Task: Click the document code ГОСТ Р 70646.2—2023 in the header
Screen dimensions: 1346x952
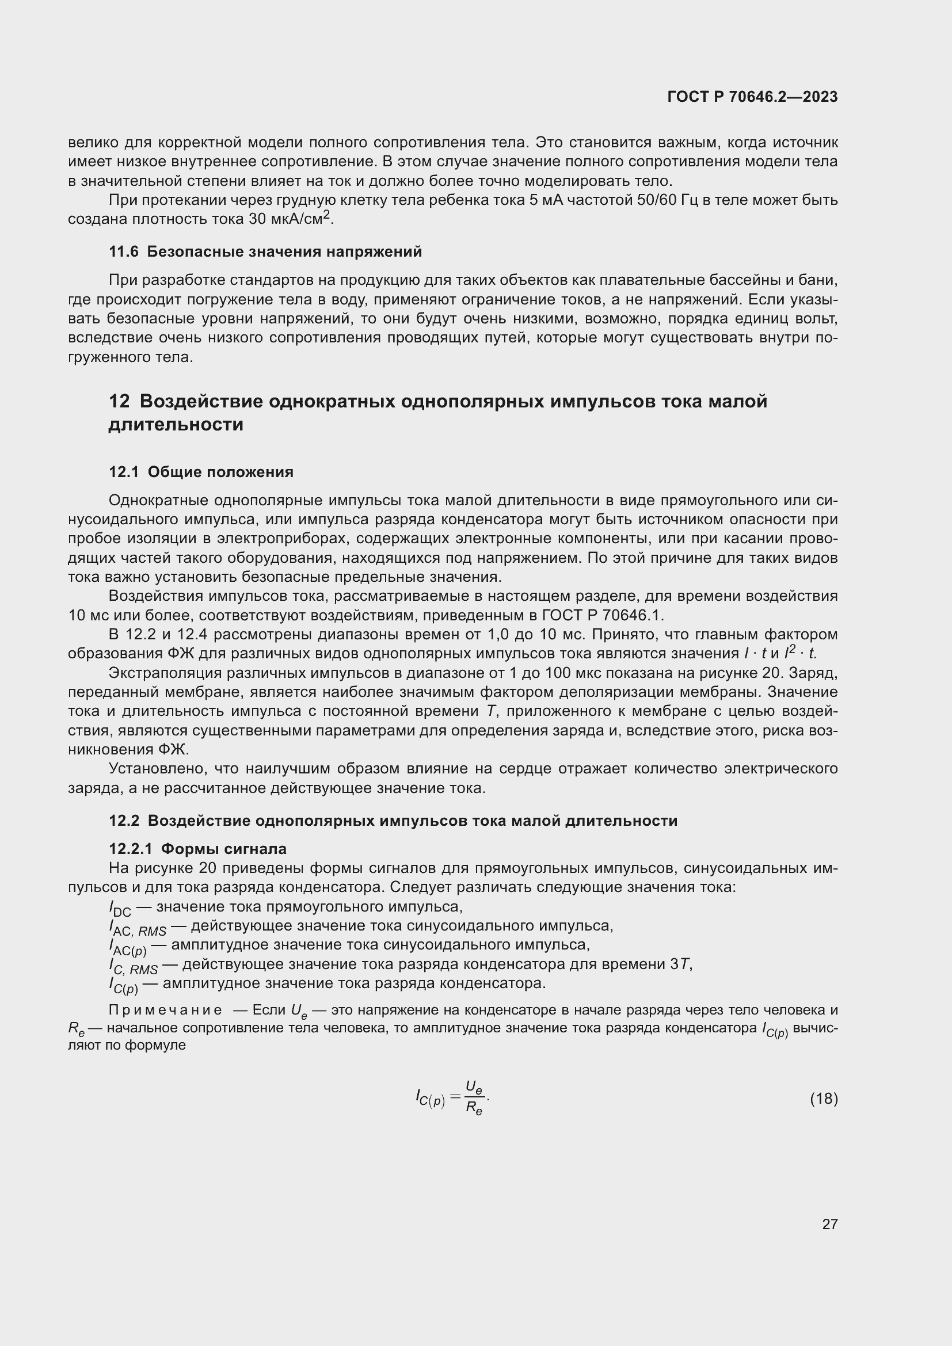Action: click(x=752, y=97)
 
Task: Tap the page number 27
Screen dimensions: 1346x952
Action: click(x=829, y=1224)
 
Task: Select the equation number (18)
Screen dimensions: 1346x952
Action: click(x=824, y=1099)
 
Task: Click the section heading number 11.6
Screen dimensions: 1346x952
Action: click(x=124, y=251)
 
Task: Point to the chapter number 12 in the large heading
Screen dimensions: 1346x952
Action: click(x=119, y=402)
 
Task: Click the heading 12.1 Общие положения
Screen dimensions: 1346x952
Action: click(x=201, y=472)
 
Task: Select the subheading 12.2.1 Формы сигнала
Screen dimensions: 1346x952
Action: click(x=197, y=848)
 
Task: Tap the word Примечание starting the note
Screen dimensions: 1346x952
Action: click(x=165, y=1010)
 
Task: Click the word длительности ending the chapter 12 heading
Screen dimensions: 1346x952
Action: click(x=176, y=425)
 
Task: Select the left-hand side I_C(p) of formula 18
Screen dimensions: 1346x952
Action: click(x=431, y=1099)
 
